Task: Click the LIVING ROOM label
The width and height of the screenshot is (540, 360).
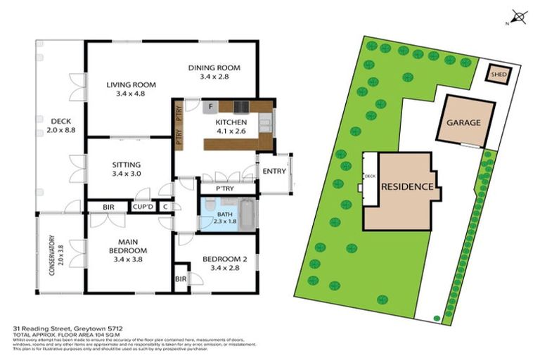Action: coord(125,85)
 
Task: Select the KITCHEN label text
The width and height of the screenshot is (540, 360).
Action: coord(231,122)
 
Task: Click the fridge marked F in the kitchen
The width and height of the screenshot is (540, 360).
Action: coord(210,107)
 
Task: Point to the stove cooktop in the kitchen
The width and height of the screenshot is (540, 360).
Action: coord(240,107)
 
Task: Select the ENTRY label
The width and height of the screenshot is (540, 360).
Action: coord(274,172)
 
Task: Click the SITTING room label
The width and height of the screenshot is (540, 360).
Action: coord(127,165)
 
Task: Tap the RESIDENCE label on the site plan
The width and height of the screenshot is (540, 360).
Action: coord(406,188)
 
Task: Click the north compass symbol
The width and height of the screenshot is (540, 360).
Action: coord(519,15)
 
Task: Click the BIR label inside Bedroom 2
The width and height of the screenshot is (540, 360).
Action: coord(181,278)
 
